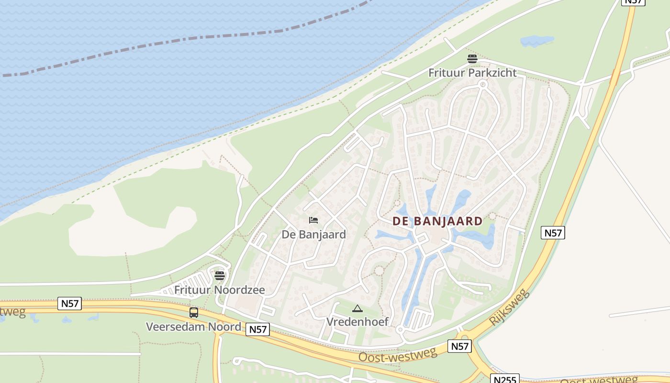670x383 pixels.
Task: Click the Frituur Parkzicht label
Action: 472,73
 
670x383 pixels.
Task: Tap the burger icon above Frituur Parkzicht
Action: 472,59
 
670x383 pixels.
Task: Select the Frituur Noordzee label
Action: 219,290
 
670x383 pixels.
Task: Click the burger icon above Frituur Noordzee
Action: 220,276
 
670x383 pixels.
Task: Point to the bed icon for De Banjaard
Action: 313,220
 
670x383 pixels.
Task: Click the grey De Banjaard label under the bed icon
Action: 313,235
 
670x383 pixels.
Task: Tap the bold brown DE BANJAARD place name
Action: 437,221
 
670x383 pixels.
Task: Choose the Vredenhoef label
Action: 357,321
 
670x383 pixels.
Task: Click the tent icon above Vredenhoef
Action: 357,309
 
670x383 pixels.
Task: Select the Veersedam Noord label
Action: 193,327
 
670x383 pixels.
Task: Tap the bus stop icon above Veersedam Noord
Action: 194,313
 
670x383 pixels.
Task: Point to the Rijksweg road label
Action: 510,307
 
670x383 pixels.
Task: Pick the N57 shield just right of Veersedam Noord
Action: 258,329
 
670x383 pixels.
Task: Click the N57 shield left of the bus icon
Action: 69,303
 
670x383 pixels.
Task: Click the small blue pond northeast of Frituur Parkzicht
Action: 536,41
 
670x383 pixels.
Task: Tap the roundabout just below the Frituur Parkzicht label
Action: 482,85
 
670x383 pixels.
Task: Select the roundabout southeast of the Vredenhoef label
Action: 400,329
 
